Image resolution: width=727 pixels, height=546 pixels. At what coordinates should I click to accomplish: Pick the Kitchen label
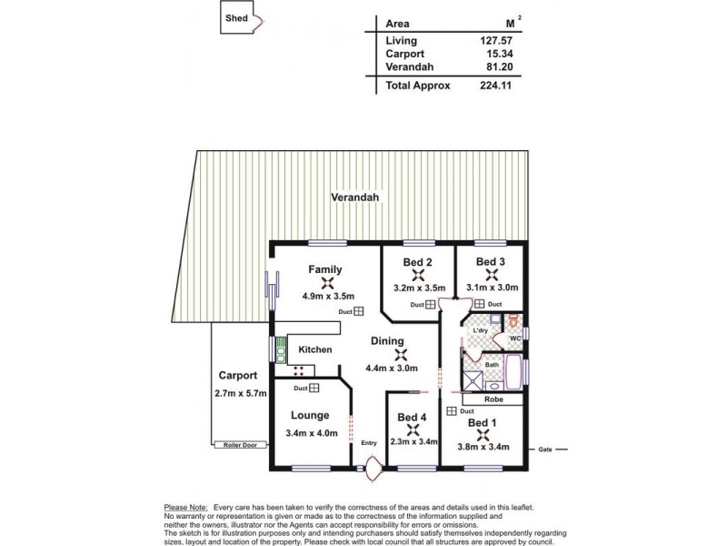pyautogui.click(x=315, y=349)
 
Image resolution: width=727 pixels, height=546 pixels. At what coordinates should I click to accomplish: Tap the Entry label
pyautogui.click(x=368, y=443)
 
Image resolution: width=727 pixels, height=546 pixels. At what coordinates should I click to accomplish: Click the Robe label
pyautogui.click(x=492, y=399)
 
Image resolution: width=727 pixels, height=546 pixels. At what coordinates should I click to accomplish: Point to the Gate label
pyautogui.click(x=545, y=450)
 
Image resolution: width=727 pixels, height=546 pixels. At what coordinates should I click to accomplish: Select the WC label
pyautogui.click(x=513, y=339)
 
